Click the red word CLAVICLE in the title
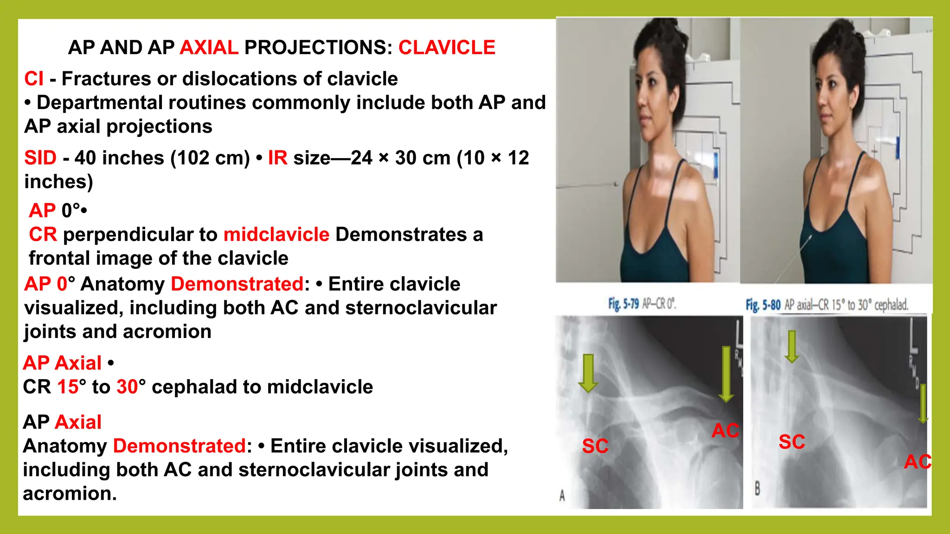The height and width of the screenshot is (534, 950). (x=447, y=47)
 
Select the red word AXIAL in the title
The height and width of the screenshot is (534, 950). (x=209, y=47)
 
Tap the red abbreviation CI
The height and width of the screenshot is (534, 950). (x=34, y=79)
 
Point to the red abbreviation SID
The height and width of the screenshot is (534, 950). (x=40, y=158)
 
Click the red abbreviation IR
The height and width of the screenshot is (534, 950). (x=277, y=158)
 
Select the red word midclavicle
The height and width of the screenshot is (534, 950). (x=276, y=235)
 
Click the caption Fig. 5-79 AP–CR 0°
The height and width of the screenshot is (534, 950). (x=642, y=304)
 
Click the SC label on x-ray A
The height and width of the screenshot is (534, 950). (x=595, y=446)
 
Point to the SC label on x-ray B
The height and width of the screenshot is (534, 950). (x=792, y=442)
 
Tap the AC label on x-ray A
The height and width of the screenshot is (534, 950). (x=725, y=431)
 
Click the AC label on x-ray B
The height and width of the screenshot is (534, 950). (x=917, y=462)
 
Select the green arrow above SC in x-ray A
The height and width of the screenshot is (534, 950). (x=588, y=373)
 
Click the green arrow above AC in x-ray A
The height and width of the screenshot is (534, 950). (x=726, y=374)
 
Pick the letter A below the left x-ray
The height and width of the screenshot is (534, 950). (x=562, y=496)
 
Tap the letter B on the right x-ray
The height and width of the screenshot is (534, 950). (x=757, y=489)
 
